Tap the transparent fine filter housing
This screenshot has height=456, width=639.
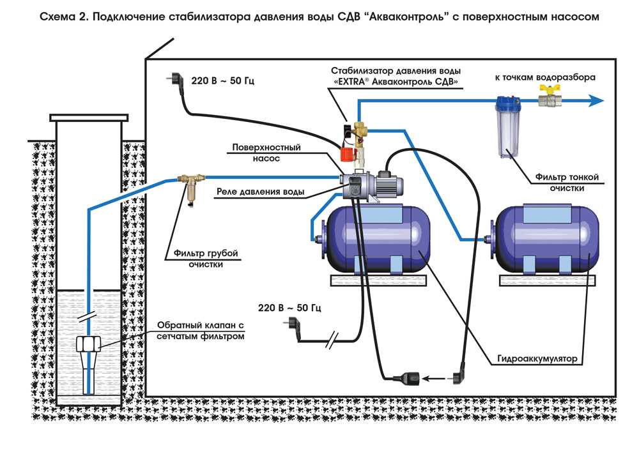tap(506, 127)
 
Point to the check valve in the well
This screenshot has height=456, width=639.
tap(88, 354)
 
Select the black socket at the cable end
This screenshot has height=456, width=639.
tap(406, 379)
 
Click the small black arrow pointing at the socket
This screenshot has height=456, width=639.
tap(433, 379)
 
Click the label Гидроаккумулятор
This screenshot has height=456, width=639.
tap(537, 359)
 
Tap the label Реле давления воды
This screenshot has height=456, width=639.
tap(261, 192)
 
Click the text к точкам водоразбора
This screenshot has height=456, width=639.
tap(545, 77)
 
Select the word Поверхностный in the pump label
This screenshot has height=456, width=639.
tap(266, 147)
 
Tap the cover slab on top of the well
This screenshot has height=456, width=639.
tap(89, 118)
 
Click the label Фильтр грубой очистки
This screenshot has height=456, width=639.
tap(205, 259)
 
